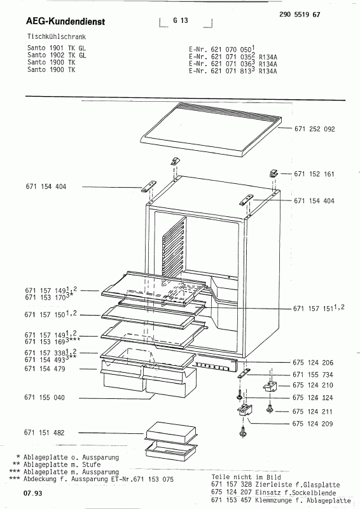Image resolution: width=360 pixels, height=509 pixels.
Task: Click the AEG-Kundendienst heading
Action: (x=66, y=22)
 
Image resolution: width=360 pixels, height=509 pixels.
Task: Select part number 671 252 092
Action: (x=315, y=129)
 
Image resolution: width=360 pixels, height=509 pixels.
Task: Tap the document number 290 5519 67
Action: (x=300, y=15)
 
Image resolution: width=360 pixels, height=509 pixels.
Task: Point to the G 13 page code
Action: (x=181, y=20)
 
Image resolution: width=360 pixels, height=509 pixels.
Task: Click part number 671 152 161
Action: (x=314, y=174)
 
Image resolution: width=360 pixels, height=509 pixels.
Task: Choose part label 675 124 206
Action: (x=312, y=363)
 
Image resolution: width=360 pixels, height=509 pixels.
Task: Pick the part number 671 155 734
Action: (x=312, y=375)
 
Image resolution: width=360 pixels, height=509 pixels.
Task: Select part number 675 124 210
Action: (x=312, y=386)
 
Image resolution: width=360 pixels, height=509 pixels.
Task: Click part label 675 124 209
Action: (x=312, y=424)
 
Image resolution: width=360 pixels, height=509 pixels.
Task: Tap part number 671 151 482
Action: (x=44, y=433)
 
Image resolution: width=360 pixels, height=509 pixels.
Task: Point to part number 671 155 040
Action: (x=45, y=398)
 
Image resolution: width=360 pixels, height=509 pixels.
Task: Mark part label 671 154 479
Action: (x=45, y=369)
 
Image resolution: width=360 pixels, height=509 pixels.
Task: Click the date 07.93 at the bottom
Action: (x=33, y=494)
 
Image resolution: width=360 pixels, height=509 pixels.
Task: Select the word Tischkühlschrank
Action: (x=57, y=37)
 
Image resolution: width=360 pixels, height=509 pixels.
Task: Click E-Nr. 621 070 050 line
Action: (x=221, y=50)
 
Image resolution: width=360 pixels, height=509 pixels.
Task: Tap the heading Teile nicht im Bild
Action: (x=246, y=477)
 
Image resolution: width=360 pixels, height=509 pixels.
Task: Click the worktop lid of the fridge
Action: (x=211, y=129)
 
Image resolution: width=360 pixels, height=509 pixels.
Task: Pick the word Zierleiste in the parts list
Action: (x=272, y=485)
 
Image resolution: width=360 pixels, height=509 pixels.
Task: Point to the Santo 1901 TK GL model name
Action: (x=57, y=48)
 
